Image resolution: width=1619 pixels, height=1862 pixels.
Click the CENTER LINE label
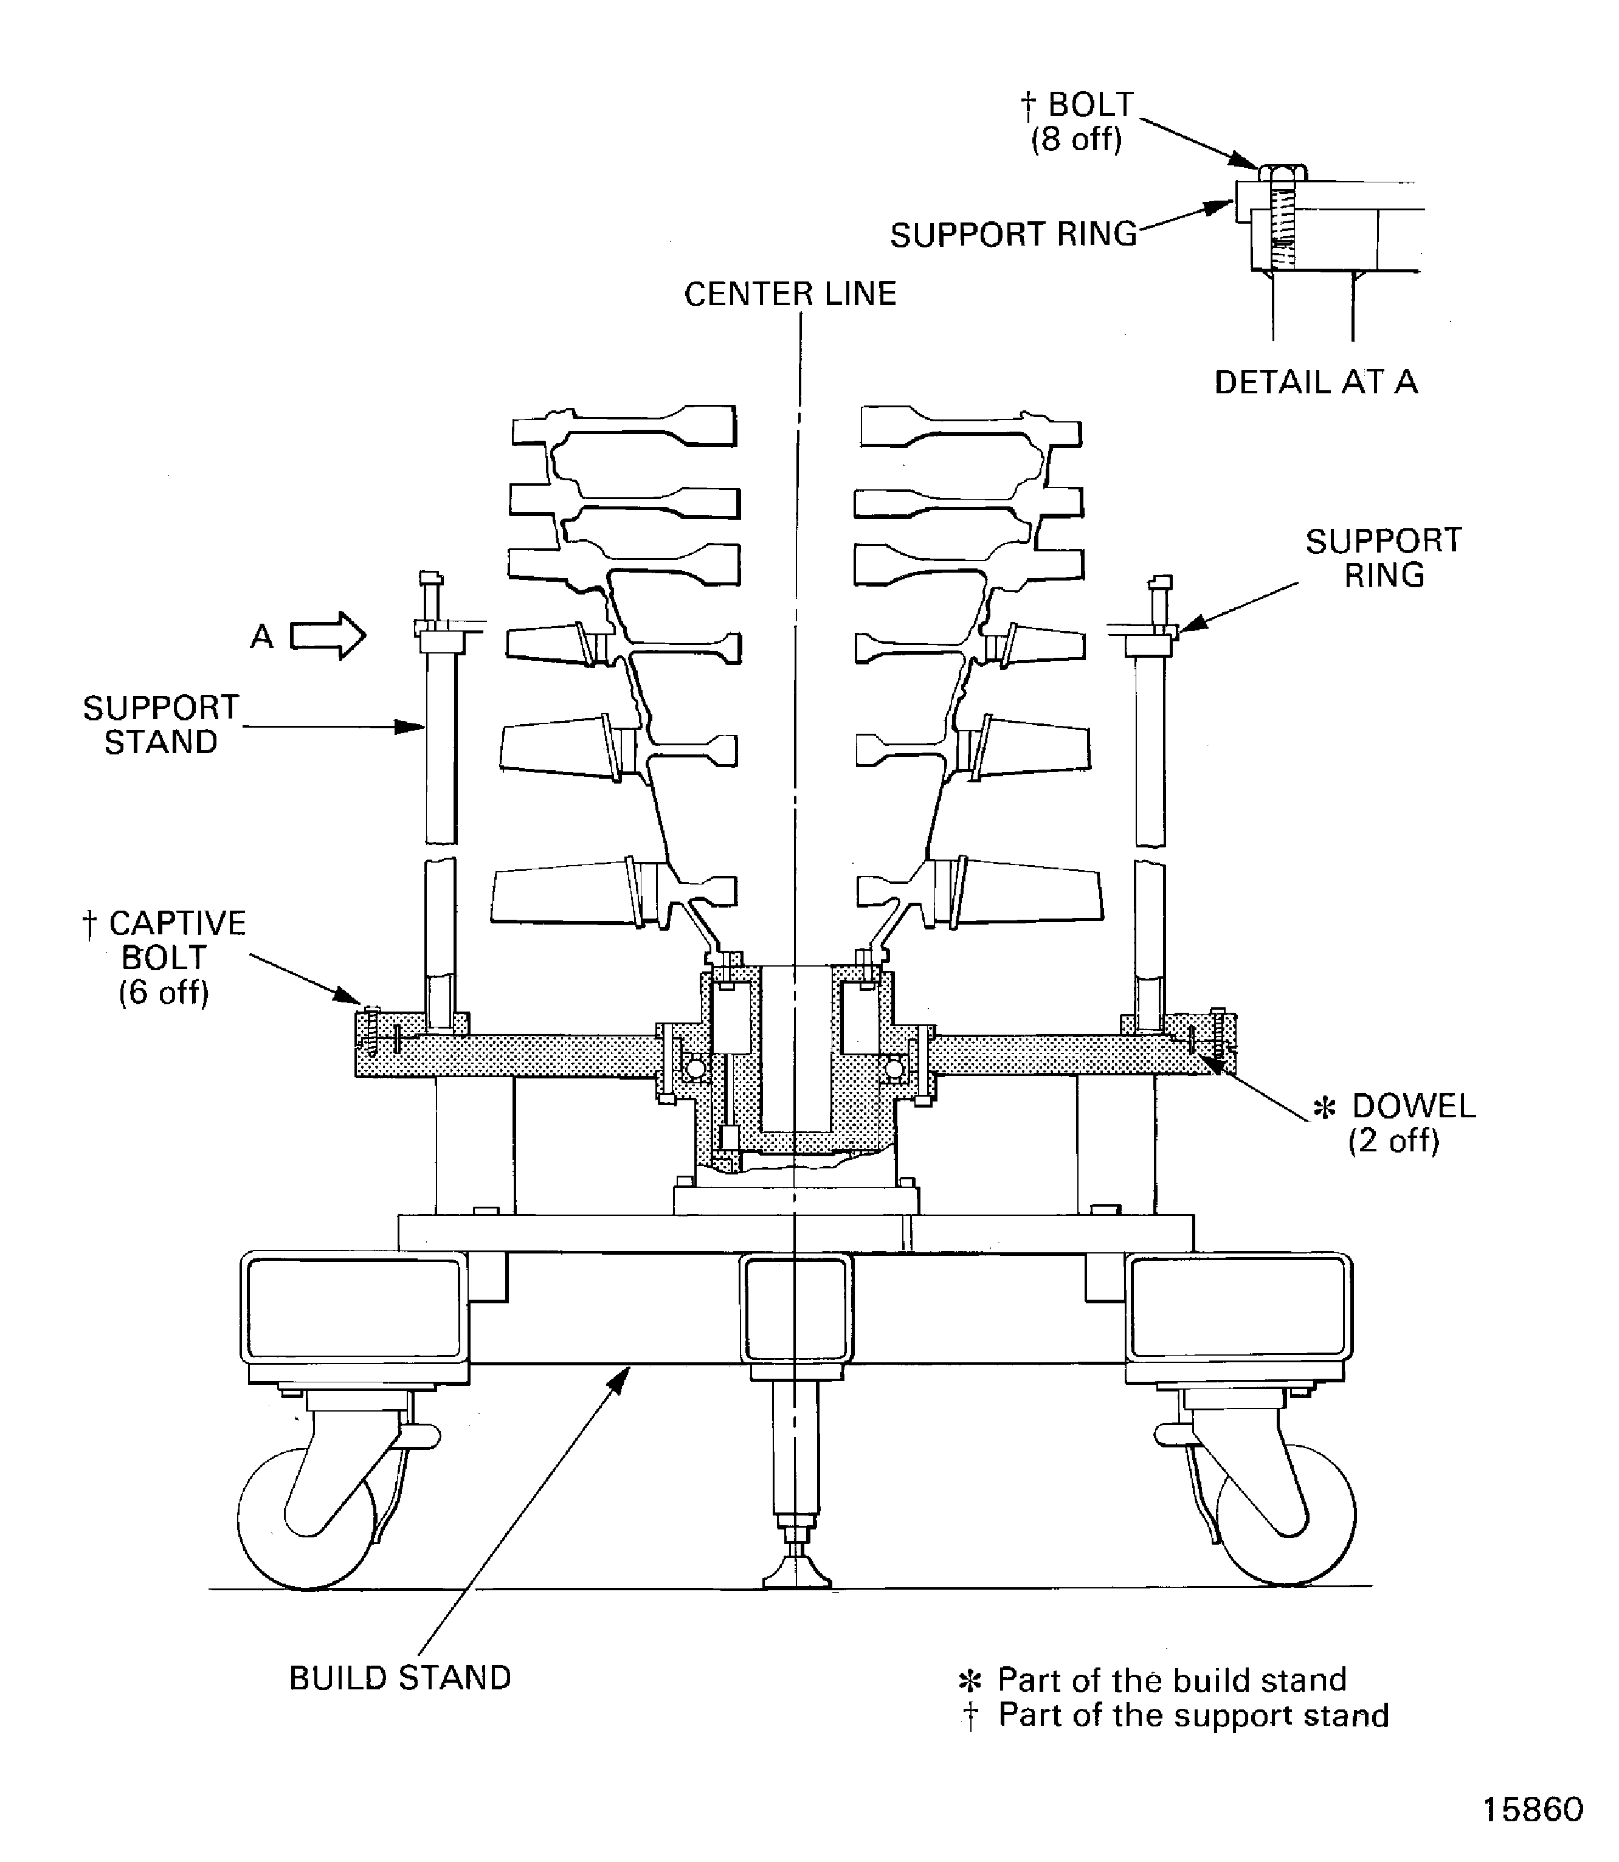(x=790, y=294)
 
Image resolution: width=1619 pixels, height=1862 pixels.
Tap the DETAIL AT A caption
(x=1316, y=383)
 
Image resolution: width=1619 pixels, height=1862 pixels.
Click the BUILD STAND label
(x=400, y=1678)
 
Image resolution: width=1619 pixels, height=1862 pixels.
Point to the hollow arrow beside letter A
(x=328, y=636)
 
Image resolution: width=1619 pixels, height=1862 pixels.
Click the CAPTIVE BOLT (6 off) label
(x=164, y=957)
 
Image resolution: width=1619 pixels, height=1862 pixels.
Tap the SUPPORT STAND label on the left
(x=161, y=725)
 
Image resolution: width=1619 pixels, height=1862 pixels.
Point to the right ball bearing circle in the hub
(x=894, y=1069)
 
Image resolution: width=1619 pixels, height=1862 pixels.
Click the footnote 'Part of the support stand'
(x=1193, y=1715)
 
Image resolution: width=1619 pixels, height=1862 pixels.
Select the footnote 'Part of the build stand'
(x=1171, y=1680)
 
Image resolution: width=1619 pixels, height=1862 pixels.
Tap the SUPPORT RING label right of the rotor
(x=1383, y=558)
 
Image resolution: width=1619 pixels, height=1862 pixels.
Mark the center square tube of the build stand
(x=796, y=1307)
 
